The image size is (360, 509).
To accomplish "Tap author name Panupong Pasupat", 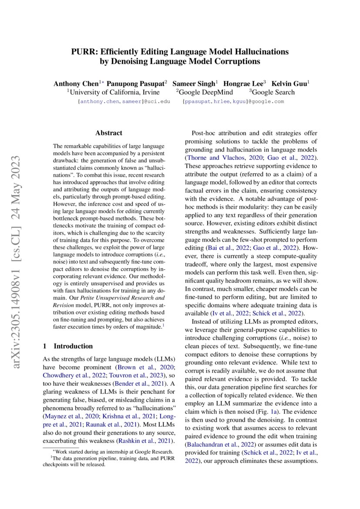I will click(x=135, y=83).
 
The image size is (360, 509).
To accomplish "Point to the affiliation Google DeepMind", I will click(x=206, y=92).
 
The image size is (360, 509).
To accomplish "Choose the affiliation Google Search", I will click(x=273, y=92).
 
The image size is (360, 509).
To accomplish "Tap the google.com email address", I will click(x=233, y=101).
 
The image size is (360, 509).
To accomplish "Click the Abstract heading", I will click(x=108, y=133).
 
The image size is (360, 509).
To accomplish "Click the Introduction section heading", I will click(x=73, y=346).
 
